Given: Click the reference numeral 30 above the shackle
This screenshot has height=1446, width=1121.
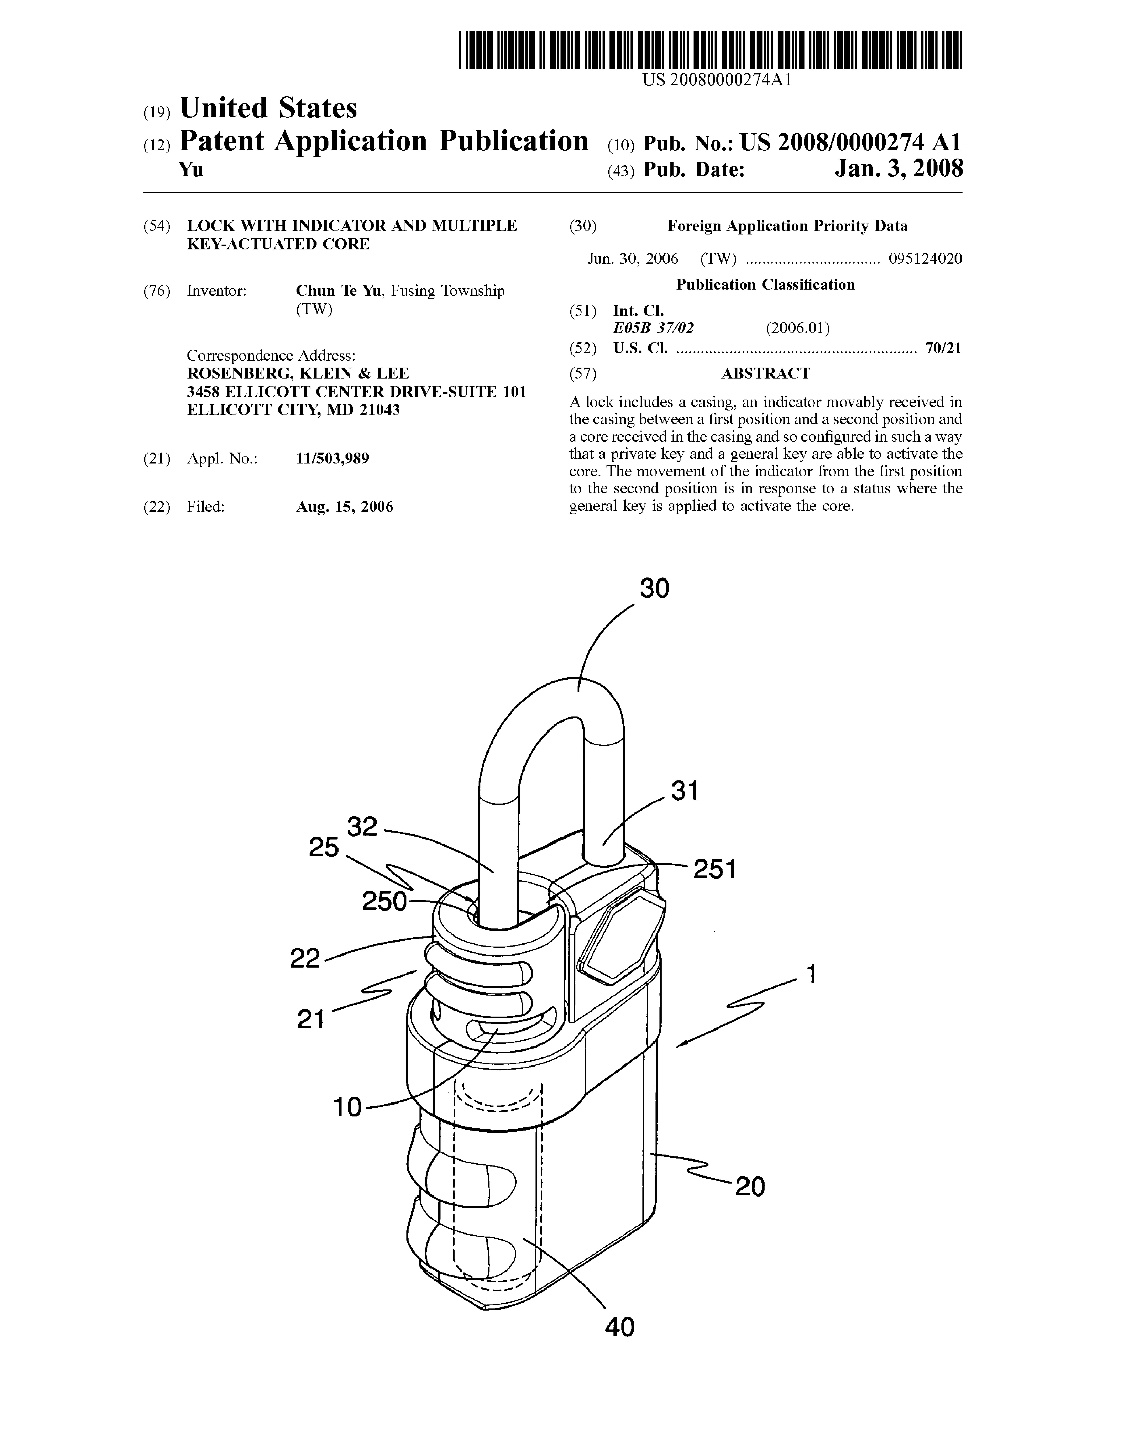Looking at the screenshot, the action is coord(654,588).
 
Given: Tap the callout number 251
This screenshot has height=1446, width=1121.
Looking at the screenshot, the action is coord(715,869).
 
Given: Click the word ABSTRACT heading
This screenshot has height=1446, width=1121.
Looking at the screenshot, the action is coord(765,373).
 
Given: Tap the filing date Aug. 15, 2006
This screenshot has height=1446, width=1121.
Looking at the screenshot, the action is coord(344,507).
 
